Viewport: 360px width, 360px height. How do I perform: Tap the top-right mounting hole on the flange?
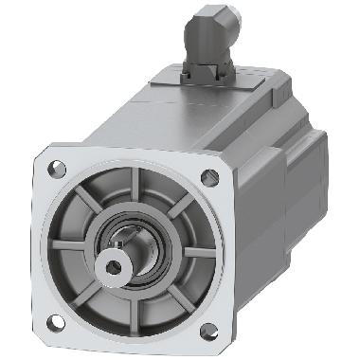(209, 177)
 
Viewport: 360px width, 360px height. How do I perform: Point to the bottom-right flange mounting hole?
(208, 330)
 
